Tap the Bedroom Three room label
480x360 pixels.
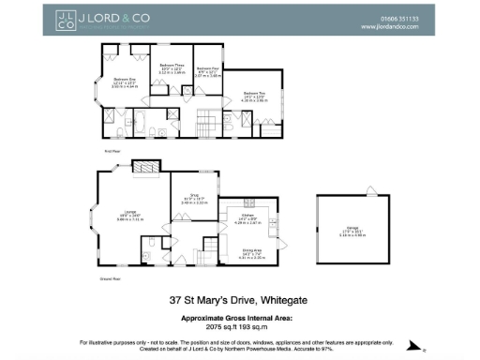171,67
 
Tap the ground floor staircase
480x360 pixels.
205,256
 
